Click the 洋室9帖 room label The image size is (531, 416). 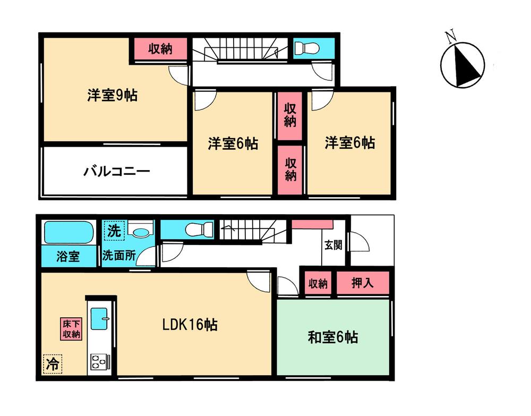(113, 96)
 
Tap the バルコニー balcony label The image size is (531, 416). (116, 172)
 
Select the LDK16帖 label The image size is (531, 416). (190, 325)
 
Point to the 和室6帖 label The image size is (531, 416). (333, 337)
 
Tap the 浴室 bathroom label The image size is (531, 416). (68, 257)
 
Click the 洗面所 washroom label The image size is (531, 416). (119, 256)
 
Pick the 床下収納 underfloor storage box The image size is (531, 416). (71, 329)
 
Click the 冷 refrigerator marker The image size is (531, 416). (52, 364)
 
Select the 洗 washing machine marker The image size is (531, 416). (113, 231)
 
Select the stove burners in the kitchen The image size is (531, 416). (99, 361)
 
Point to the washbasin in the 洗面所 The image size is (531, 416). (140, 232)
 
